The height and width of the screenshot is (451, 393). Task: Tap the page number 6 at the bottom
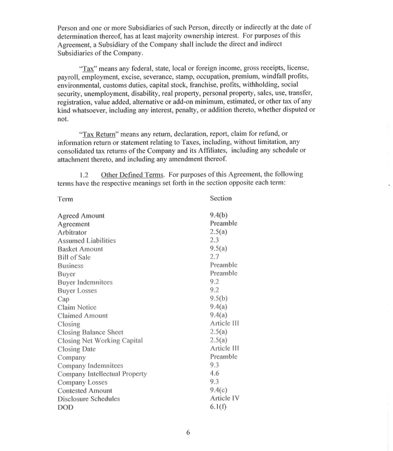(188, 433)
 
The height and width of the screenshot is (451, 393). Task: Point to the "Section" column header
(221, 198)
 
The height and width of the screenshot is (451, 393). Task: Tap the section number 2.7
(215, 256)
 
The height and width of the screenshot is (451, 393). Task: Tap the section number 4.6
(215, 373)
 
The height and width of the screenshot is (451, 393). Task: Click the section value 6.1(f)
(218, 406)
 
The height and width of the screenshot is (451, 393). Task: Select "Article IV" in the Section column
(225, 398)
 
